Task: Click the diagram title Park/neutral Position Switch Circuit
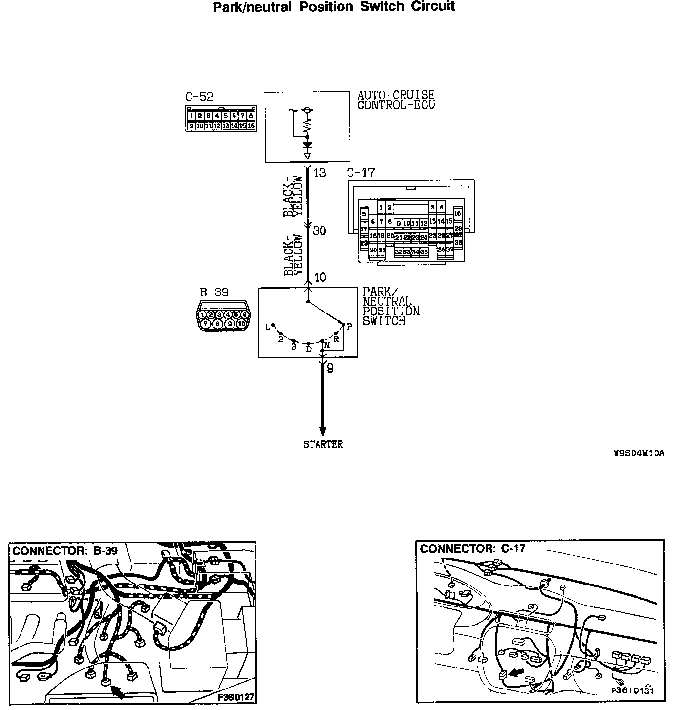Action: (x=334, y=7)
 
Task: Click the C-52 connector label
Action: (x=199, y=97)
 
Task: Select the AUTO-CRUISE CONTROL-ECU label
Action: (x=396, y=100)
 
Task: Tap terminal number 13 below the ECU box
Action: (x=319, y=172)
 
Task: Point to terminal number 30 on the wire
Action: (x=319, y=230)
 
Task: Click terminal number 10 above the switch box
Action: (x=320, y=277)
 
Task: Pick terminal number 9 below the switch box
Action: (x=330, y=369)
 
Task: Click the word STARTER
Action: (x=323, y=444)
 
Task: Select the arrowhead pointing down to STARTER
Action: (x=322, y=430)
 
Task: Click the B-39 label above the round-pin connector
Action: (x=214, y=292)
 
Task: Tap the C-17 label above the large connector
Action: (x=361, y=172)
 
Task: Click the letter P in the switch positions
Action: (x=349, y=327)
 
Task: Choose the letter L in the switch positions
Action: (x=268, y=327)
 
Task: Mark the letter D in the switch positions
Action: (x=309, y=349)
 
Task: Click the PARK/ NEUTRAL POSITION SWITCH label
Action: (x=391, y=306)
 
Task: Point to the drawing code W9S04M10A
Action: (x=639, y=453)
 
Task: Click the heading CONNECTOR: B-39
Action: (x=65, y=551)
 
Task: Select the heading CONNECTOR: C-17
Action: (x=472, y=549)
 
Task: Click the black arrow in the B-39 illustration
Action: (x=117, y=691)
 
